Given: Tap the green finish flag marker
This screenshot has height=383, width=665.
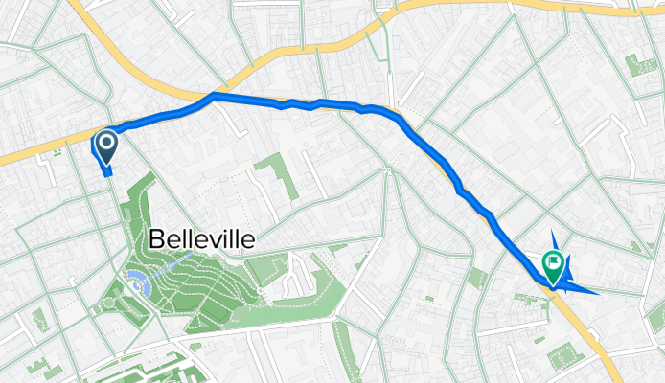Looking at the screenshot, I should (553, 261).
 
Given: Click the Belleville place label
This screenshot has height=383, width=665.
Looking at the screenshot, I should (201, 239).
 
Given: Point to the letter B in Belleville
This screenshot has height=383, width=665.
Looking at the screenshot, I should (156, 239).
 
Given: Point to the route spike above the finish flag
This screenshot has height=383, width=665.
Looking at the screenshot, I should (554, 237).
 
